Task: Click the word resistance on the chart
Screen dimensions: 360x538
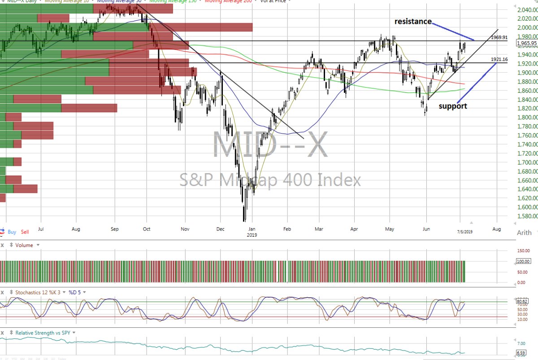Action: [413, 21]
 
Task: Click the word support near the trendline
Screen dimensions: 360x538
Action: [453, 106]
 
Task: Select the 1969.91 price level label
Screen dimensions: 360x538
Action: [499, 37]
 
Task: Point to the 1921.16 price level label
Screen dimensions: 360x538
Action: [499, 59]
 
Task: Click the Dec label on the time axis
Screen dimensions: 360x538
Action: [221, 229]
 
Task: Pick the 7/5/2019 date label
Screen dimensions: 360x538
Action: [464, 231]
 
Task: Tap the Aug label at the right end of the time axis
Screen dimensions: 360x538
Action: [496, 229]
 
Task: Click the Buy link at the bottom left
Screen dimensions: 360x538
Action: [12, 232]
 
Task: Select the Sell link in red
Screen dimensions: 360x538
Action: [25, 232]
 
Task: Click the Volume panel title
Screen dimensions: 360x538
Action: [25, 245]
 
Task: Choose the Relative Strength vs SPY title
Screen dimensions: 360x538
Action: [43, 333]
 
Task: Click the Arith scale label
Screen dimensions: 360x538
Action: [524, 233]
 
